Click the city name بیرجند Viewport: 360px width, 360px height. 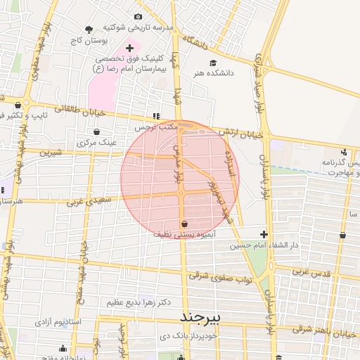point(200,317)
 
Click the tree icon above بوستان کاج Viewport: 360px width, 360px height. point(89,30)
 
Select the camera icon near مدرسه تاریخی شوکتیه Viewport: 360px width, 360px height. point(138,16)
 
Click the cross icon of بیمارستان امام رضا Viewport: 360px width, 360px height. point(129,48)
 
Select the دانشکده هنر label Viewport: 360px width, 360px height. point(230,72)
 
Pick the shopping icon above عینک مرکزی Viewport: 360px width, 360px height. point(96,131)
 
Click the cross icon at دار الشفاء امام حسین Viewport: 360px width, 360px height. point(264,234)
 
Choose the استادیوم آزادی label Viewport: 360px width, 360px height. point(58,321)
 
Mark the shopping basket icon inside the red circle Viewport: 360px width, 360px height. point(184,224)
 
